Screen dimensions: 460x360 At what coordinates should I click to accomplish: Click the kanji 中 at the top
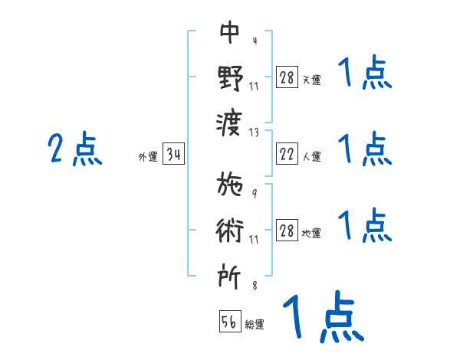pos(229,33)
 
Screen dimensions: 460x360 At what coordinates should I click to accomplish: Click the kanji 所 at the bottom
pos(229,273)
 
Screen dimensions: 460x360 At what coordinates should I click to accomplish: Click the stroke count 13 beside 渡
pos(254,133)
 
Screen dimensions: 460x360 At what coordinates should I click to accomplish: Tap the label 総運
pos(255,325)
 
